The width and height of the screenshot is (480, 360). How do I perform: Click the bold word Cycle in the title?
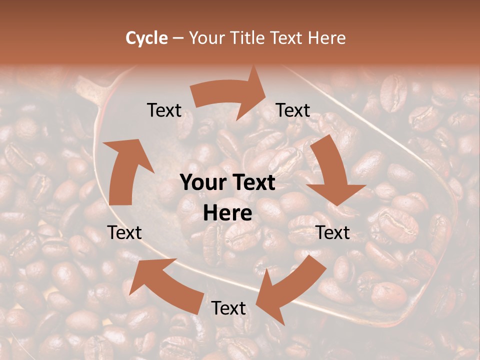click(x=146, y=38)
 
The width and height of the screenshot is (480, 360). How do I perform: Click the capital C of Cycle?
click(x=131, y=38)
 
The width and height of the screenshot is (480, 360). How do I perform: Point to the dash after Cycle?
click(x=177, y=38)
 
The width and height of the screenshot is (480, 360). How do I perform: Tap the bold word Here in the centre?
click(x=227, y=213)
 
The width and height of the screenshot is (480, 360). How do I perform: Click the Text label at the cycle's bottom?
click(x=228, y=308)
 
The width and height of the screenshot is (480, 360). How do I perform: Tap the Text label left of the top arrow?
click(x=164, y=110)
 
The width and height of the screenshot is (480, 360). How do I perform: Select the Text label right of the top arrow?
click(x=293, y=110)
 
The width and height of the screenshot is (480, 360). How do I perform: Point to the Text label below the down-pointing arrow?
click(x=333, y=232)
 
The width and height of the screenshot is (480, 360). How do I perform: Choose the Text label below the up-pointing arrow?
click(x=124, y=232)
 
